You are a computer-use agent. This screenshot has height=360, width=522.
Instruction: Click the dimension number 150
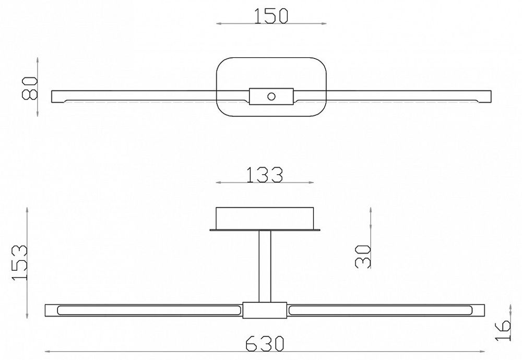[x=271, y=16]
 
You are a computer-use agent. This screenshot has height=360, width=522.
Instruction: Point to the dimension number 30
[x=362, y=256]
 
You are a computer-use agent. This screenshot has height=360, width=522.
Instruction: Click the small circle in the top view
[x=271, y=96]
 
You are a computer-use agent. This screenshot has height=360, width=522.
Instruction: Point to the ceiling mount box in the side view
[x=265, y=218]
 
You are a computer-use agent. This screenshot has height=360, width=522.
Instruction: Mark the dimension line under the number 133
[x=265, y=183]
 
